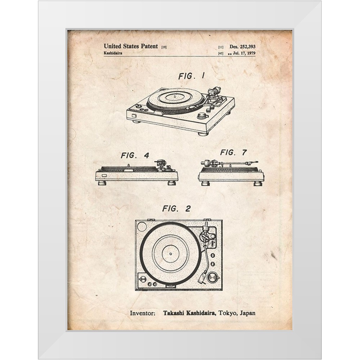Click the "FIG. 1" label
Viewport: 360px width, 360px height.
pos(192,76)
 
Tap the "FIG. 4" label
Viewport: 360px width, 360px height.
pos(135,156)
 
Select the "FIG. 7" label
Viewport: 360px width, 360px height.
pos(234,152)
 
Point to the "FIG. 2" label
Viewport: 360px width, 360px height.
pos(176,209)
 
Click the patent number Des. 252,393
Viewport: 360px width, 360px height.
pos(242,46)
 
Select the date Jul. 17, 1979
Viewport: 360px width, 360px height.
pos(244,53)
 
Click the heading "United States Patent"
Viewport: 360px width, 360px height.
pos(131,46)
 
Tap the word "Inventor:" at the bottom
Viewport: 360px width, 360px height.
pos(143,313)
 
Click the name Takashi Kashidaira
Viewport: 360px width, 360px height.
pos(189,313)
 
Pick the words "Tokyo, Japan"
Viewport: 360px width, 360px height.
pos(237,313)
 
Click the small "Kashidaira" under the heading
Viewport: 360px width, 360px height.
pos(113,53)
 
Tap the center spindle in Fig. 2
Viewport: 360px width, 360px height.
pos(170,254)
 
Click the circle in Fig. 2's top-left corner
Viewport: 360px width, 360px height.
pos(141,227)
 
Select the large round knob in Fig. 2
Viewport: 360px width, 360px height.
pos(213,278)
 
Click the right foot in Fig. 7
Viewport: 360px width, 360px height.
pos(258,183)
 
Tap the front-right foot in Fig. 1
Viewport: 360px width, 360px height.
pos(203,134)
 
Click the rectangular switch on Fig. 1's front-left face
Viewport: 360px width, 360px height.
pos(134,116)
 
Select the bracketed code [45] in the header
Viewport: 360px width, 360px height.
pos(221,54)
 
